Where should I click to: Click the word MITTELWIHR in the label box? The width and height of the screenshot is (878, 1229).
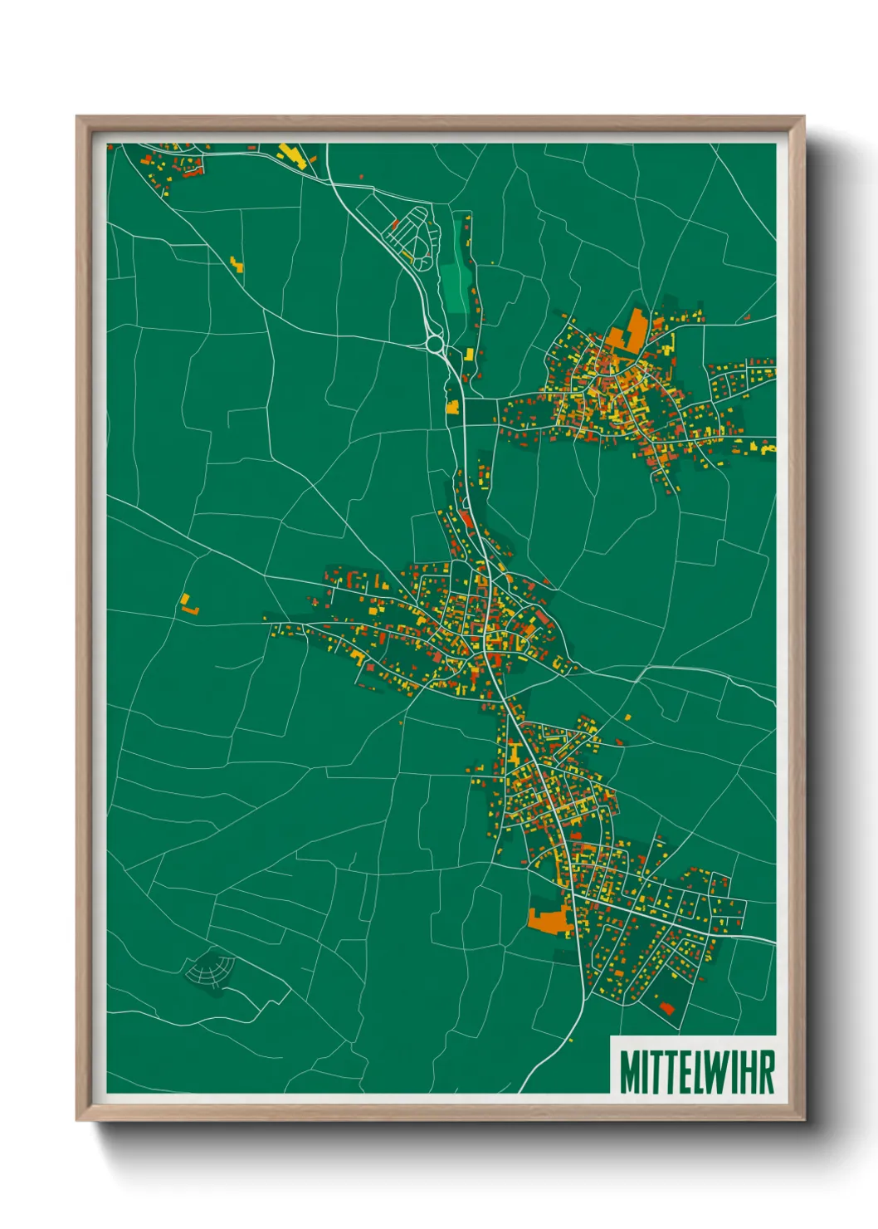696,1072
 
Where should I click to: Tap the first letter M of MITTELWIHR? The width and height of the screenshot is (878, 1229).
628,1072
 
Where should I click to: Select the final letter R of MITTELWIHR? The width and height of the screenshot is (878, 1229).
767,1072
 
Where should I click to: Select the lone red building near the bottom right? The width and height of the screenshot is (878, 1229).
666,1008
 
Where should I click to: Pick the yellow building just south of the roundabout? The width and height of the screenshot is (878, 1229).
452,407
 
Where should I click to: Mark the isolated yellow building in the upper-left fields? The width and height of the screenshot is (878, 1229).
237,265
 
